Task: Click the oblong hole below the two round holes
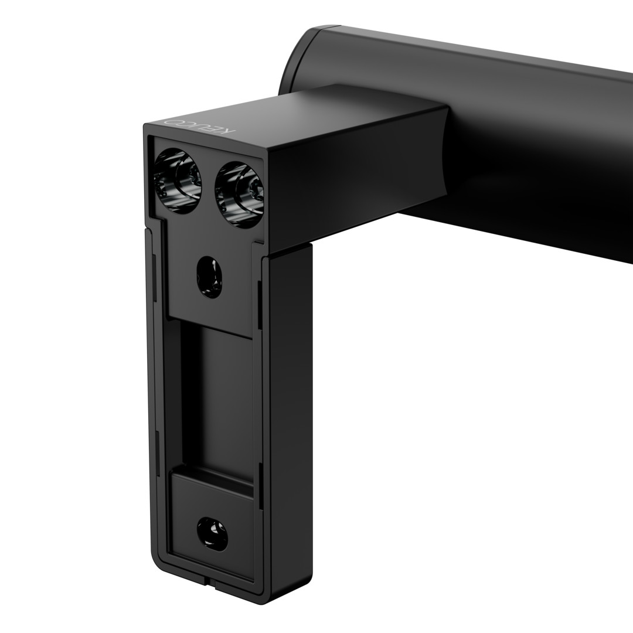pyautogui.click(x=209, y=277)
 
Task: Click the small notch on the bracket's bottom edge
pyautogui.click(x=215, y=583)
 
